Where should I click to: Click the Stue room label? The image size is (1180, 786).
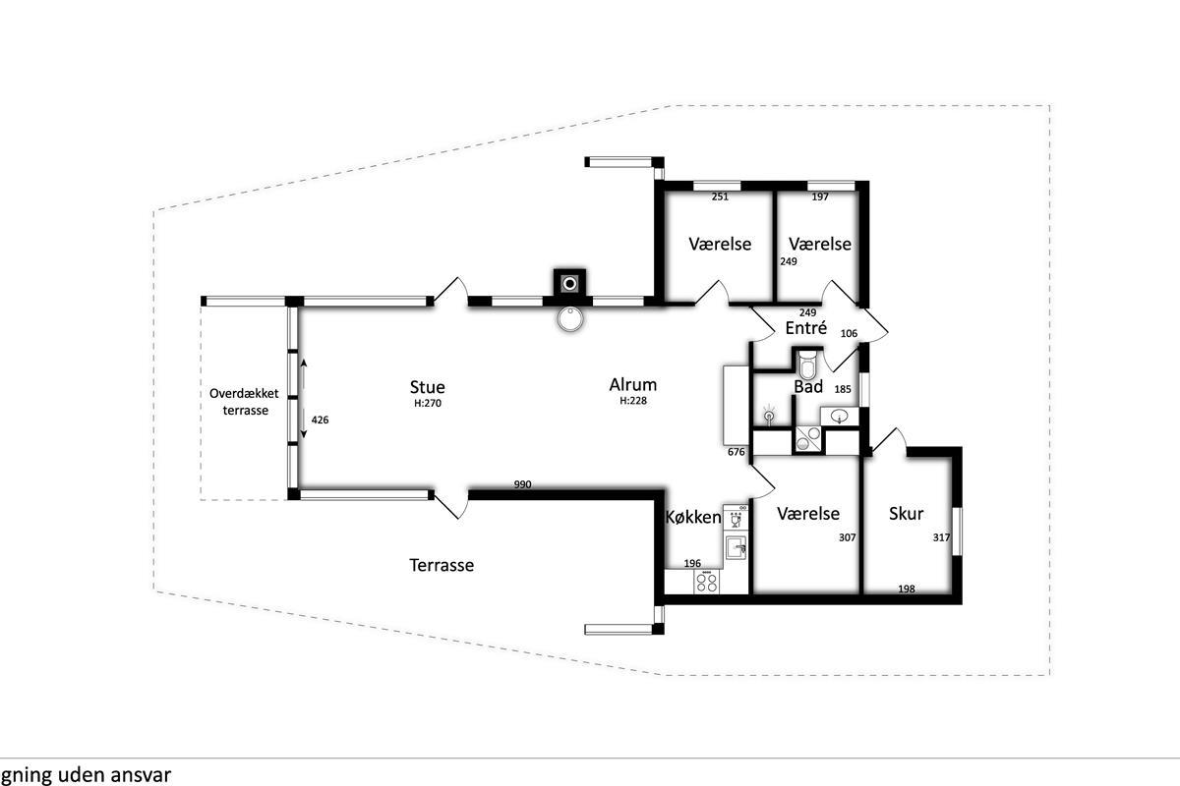[427, 387]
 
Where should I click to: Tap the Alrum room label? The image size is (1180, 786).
[632, 385]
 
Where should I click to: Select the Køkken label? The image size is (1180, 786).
[693, 517]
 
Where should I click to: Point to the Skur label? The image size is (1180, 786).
[906, 513]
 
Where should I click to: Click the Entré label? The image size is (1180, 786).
[806, 327]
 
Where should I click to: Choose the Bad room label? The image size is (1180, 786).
[808, 386]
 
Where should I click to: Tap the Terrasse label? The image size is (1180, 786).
[442, 565]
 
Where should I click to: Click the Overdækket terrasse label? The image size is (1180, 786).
[245, 402]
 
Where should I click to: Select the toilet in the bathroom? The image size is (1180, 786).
[806, 363]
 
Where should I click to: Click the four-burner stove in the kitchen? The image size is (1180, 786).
[706, 582]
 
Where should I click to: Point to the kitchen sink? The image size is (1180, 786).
[736, 547]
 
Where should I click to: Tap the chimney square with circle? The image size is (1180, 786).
[569, 284]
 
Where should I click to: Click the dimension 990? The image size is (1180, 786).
[522, 484]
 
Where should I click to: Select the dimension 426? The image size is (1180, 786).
[320, 420]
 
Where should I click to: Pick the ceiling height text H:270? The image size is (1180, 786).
[427, 403]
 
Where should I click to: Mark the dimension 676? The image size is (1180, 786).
[736, 452]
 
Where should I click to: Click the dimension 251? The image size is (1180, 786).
[720, 196]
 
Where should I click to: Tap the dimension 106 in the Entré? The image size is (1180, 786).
[849, 333]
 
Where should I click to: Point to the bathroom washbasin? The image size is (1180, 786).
[839, 416]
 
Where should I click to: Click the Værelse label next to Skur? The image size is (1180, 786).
[808, 513]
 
